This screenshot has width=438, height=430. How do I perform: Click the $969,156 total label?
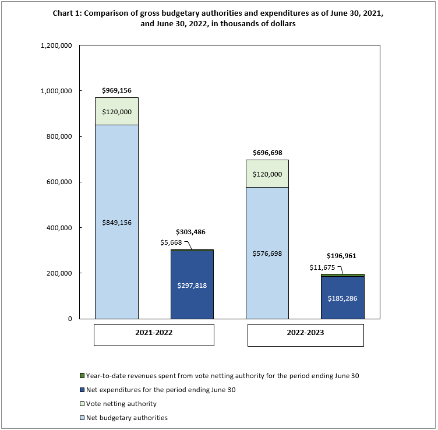(x=116, y=91)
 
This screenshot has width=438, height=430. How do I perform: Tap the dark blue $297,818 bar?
(x=192, y=285)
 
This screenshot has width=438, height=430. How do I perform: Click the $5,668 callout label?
(x=171, y=242)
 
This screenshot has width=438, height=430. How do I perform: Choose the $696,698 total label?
(x=267, y=153)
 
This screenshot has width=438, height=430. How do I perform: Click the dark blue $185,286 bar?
(x=342, y=297)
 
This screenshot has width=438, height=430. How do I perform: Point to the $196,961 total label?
(x=342, y=256)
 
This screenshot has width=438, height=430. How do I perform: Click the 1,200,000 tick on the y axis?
(x=56, y=45)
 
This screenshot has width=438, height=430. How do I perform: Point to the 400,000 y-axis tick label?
(x=59, y=228)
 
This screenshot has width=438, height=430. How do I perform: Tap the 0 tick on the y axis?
(x=69, y=319)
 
